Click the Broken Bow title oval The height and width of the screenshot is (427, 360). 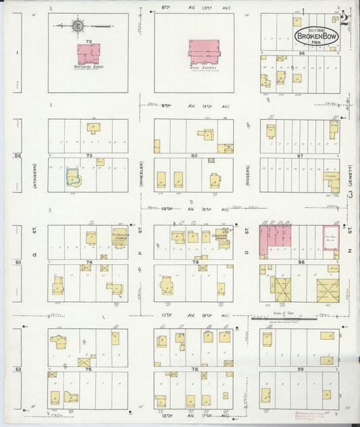(315, 35)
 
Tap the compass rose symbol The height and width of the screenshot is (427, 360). (77, 26)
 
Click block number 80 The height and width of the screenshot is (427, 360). (194, 155)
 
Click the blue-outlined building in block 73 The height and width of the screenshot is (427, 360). (72, 178)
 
